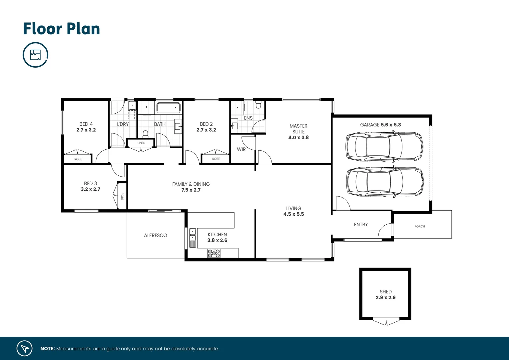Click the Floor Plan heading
click(x=61, y=29)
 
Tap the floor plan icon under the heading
click(x=35, y=55)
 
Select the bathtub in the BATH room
click(x=168, y=108)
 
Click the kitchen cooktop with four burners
click(x=214, y=253)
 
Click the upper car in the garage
click(x=384, y=146)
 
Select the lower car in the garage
click(x=385, y=181)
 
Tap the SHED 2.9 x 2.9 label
click(x=385, y=295)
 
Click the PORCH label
click(x=419, y=226)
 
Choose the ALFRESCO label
click(x=155, y=235)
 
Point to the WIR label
click(x=241, y=149)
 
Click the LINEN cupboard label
click(x=141, y=143)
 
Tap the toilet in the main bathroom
click(x=145, y=134)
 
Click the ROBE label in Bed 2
click(x=216, y=159)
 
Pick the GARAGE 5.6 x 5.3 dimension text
click(x=380, y=125)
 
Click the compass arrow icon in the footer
click(x=25, y=348)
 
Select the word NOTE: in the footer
click(x=47, y=349)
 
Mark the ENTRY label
click(x=361, y=225)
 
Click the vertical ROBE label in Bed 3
click(x=122, y=196)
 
